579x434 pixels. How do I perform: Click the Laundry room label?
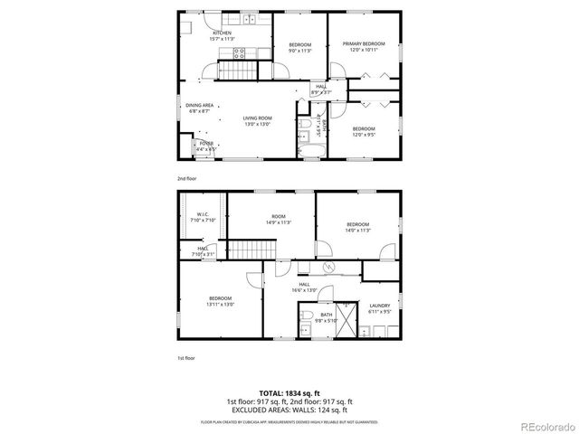click(x=378, y=307)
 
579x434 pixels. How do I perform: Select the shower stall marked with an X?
click(x=345, y=322)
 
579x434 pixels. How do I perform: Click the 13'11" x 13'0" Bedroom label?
click(x=221, y=300)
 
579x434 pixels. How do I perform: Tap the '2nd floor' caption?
click(x=186, y=178)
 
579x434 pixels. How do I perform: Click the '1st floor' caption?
click(x=185, y=358)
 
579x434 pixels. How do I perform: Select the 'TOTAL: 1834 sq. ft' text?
click(x=289, y=393)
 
